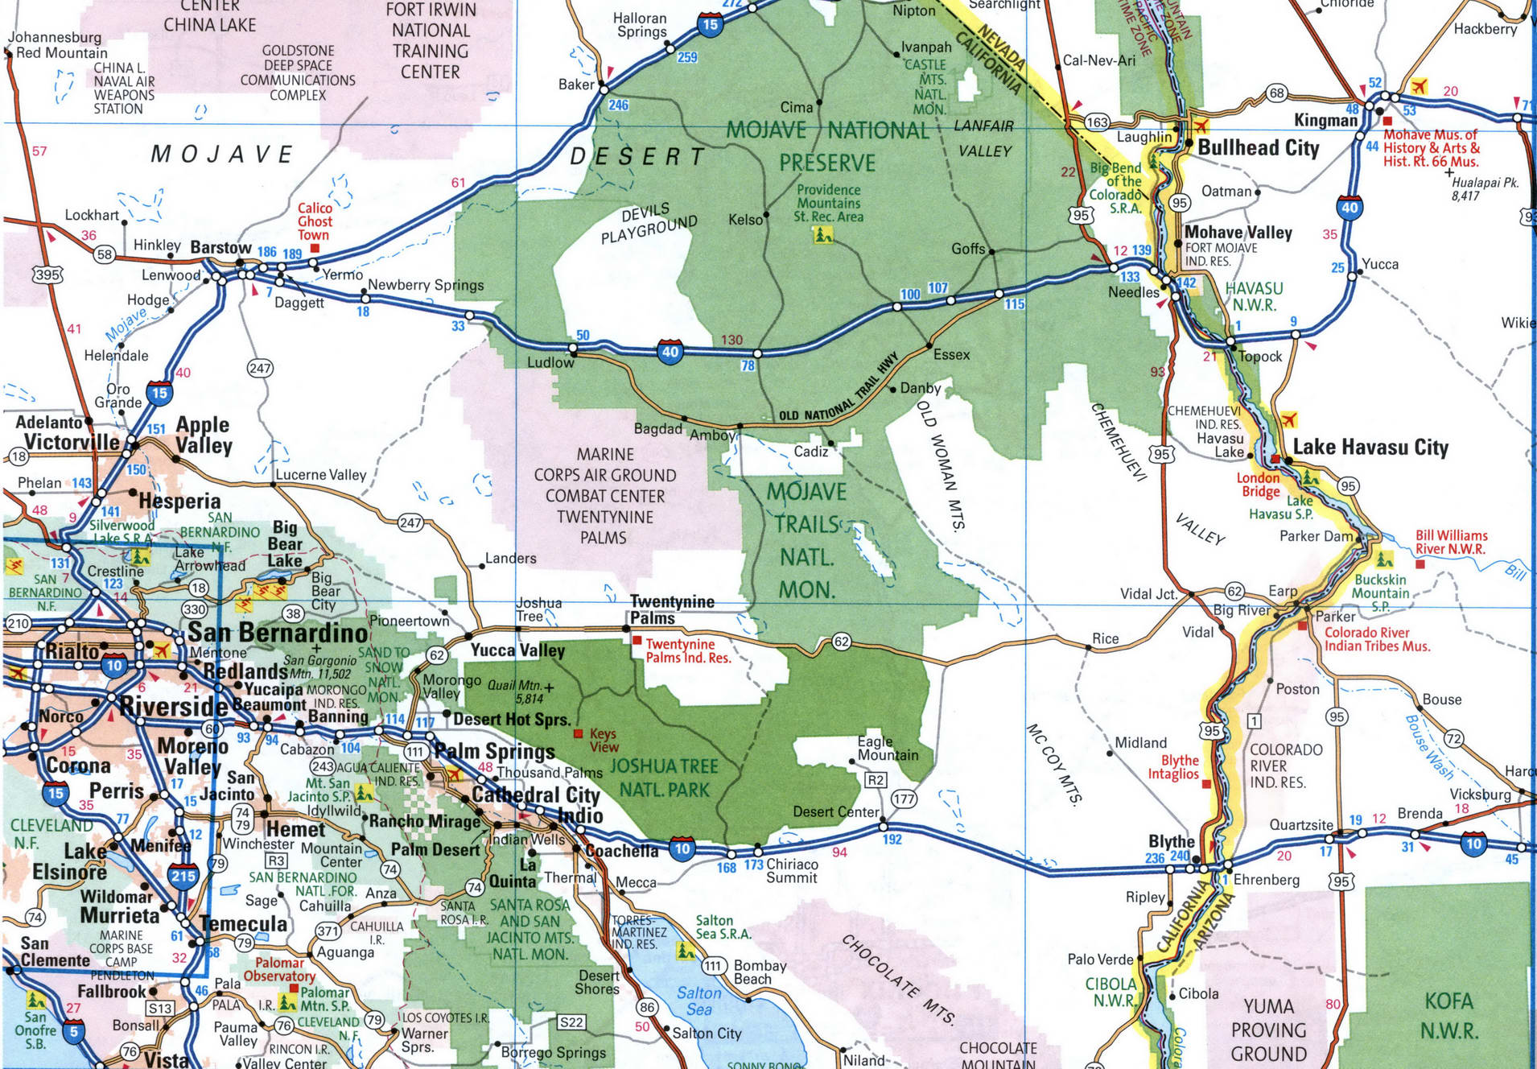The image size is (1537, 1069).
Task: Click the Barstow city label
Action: point(220,248)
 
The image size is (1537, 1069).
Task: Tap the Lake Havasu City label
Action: point(1370,448)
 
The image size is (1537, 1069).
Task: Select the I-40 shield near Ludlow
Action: point(670,351)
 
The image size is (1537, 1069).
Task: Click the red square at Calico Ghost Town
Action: point(315,248)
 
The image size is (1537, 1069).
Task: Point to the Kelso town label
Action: point(745,220)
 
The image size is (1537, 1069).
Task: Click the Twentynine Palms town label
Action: point(671,610)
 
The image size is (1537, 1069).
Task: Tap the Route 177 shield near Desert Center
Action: point(904,799)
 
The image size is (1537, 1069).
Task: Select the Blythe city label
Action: point(1171,842)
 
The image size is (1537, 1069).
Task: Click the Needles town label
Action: point(1133,292)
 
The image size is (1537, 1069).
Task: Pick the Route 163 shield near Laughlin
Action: point(1097,122)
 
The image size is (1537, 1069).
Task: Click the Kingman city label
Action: point(1325,121)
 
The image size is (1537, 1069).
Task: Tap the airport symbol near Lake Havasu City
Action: point(1288,419)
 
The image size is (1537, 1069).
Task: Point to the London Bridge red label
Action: point(1258,485)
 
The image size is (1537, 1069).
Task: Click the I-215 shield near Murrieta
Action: point(183,876)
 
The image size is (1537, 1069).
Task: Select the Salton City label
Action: point(707,1034)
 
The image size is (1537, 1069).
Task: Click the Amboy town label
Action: point(712,435)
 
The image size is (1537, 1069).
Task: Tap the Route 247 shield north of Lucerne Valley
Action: point(260,369)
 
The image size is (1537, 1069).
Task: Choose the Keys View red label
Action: point(603,740)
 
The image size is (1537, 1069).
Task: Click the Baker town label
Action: point(576,85)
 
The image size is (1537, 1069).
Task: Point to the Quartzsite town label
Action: point(1300,825)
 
